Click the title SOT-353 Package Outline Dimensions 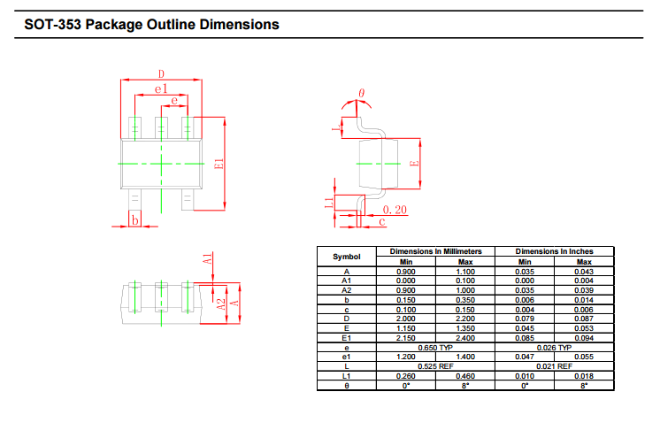pyautogui.click(x=151, y=25)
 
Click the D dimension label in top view pyautogui.click(x=161, y=74)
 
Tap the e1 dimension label pyautogui.click(x=161, y=88)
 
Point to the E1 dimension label pyautogui.click(x=219, y=164)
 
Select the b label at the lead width pyautogui.click(x=134, y=219)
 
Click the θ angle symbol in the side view pyautogui.click(x=361, y=93)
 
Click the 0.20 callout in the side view pyautogui.click(x=395, y=210)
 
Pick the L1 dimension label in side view pyautogui.click(x=329, y=203)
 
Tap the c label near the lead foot pyautogui.click(x=382, y=221)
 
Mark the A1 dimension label pyautogui.click(x=207, y=259)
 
